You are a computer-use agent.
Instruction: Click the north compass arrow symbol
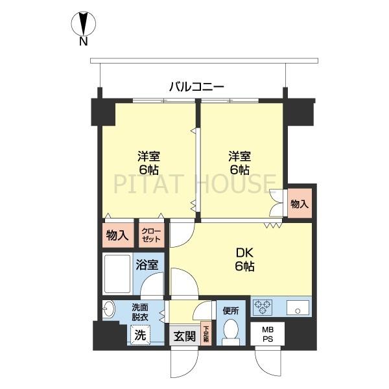tap(83, 24)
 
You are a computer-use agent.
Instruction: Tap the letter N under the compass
tap(83, 43)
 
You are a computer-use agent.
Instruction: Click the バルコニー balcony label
tap(196, 85)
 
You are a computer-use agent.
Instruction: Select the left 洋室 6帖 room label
tap(148, 163)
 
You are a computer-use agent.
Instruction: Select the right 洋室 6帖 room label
tap(239, 163)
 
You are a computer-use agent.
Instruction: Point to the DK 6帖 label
tap(244, 259)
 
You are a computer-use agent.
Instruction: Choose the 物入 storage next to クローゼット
tap(117, 235)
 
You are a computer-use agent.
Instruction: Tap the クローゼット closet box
tap(152, 235)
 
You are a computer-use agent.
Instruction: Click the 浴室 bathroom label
tap(147, 265)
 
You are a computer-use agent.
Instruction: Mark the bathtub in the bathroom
tap(117, 274)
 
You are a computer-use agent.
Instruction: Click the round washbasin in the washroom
tap(108, 311)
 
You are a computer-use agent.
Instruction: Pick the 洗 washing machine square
tap(139, 335)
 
